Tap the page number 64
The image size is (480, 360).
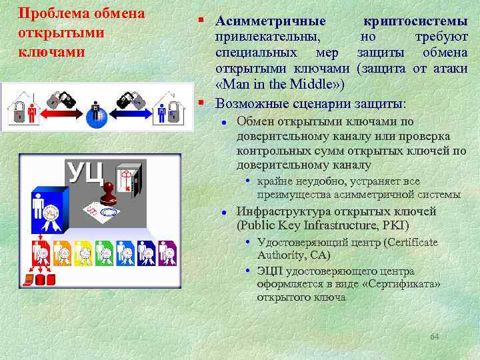(434, 337)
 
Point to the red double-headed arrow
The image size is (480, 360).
(64, 115)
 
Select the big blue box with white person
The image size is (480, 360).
(49, 207)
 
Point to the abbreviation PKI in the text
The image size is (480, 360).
(395, 225)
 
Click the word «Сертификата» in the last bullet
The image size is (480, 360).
(408, 284)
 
